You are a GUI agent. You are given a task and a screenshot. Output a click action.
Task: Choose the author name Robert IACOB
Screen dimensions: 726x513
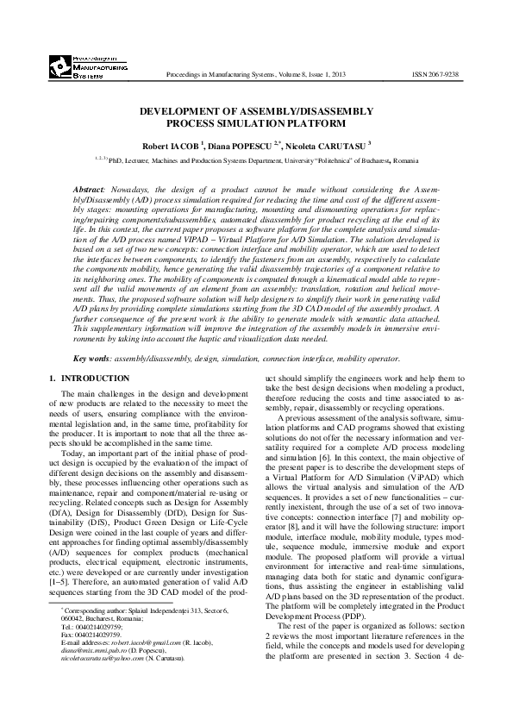[172, 146]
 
